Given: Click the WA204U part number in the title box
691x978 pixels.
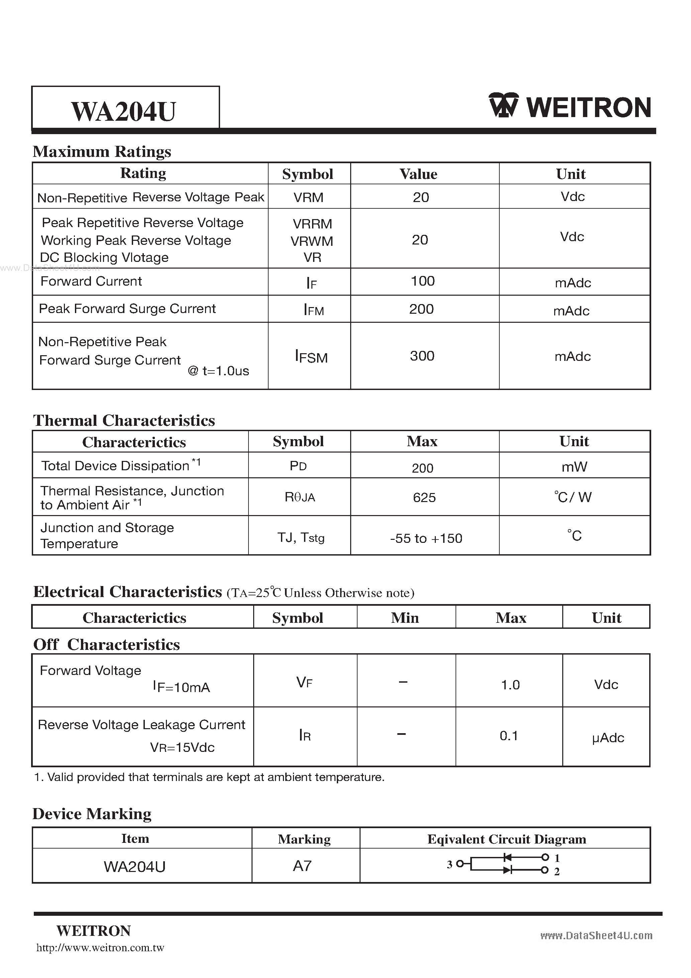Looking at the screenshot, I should (123, 112).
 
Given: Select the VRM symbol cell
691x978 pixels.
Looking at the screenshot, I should (308, 197).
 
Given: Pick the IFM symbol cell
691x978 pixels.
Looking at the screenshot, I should (313, 310).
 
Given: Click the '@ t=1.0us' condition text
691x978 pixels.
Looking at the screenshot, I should (218, 371).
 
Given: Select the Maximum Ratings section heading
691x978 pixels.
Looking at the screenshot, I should (102, 152).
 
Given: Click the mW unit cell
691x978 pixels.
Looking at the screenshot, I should (574, 467).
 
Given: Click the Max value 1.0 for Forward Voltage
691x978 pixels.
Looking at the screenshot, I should (510, 685).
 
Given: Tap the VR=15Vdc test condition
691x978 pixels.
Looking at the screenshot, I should (182, 748).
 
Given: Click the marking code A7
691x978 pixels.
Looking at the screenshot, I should (302, 866).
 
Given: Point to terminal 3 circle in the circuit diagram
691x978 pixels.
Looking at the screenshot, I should (460, 864).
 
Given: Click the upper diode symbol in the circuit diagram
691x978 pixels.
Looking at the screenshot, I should (507, 857).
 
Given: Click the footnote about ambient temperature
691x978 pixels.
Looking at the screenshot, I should (209, 777).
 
